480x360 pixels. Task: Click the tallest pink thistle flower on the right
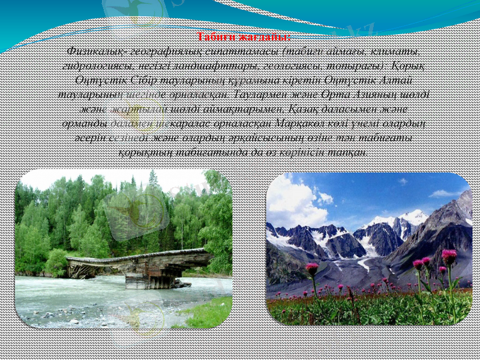(x=449, y=257)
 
